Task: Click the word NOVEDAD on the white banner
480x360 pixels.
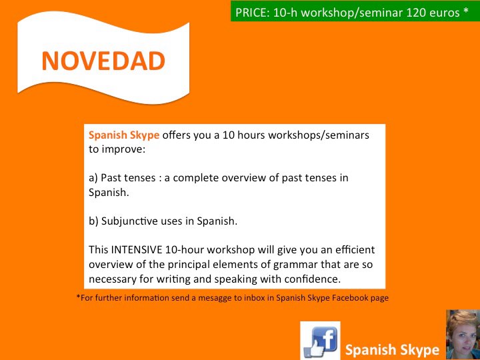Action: click(103, 61)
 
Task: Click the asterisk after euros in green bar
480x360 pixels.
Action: click(466, 11)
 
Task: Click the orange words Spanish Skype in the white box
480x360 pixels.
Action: click(124, 135)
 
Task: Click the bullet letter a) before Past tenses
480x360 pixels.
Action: click(93, 178)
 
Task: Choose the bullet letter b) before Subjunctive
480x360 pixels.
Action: click(93, 221)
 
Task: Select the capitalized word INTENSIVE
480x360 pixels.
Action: click(137, 250)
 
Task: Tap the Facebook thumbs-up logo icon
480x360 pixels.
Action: click(320, 341)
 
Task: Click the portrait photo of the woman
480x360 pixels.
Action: click(463, 335)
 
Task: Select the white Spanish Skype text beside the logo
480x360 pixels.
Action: click(392, 349)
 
